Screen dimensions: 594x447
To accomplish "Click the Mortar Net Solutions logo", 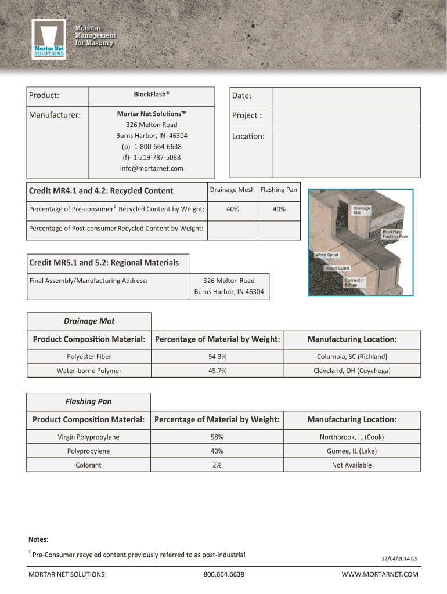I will click(x=48, y=39).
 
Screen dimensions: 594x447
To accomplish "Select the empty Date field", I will click(x=346, y=97).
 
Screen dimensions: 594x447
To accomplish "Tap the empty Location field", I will click(x=346, y=153).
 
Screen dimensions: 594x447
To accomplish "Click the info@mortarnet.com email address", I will click(x=152, y=168).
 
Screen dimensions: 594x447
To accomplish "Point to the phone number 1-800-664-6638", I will click(x=152, y=146).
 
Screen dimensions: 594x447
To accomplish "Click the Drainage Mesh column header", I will click(x=232, y=190).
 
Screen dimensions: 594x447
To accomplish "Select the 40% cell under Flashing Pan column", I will click(x=279, y=209).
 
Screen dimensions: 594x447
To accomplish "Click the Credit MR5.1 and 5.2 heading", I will click(x=104, y=263).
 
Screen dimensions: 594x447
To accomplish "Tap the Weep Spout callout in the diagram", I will click(x=327, y=255).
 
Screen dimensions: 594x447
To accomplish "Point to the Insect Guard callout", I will click(x=337, y=269).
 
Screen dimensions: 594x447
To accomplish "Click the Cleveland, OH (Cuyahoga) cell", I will click(x=352, y=371).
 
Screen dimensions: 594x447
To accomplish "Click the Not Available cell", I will click(x=352, y=465).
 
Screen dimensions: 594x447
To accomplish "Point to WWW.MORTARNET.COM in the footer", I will click(x=380, y=574).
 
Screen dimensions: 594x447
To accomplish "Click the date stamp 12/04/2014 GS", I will click(x=399, y=559).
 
